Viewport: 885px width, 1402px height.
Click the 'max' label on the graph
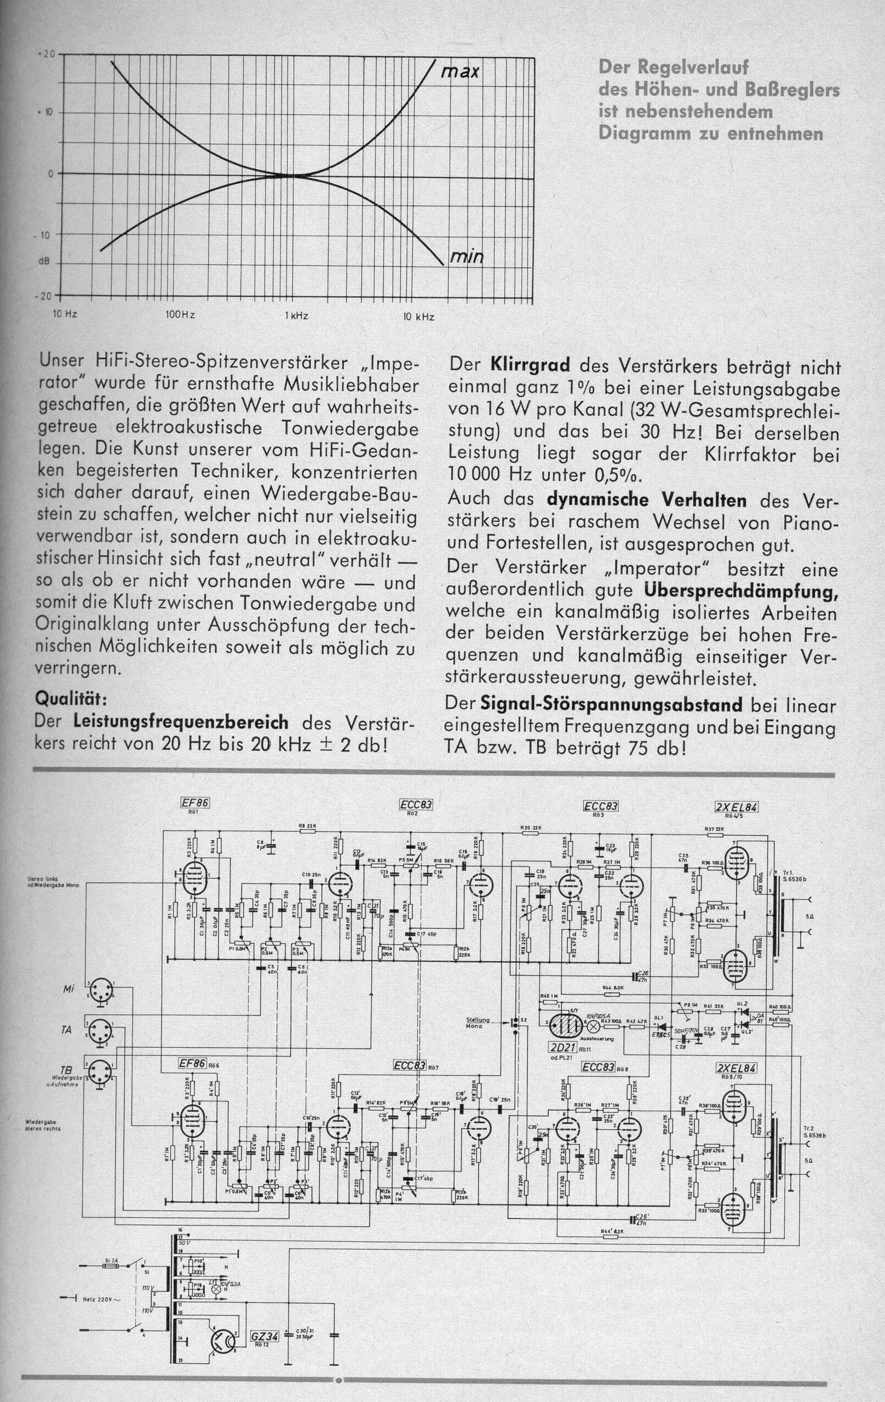click(x=459, y=73)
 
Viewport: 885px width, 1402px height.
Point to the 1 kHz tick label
click(x=296, y=316)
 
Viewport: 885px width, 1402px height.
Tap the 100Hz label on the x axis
click(x=180, y=315)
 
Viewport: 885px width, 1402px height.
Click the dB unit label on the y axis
click(x=44, y=262)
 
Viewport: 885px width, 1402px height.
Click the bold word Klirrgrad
click(x=532, y=367)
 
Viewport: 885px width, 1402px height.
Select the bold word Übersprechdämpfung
click(x=742, y=590)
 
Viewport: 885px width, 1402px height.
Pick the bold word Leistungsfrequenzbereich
click(x=181, y=722)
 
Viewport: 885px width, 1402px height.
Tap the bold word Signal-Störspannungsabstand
click(x=611, y=705)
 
